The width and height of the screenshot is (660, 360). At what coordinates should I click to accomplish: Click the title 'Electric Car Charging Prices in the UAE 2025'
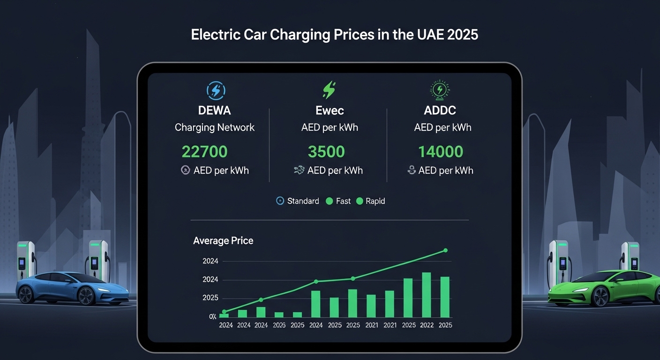[334, 35]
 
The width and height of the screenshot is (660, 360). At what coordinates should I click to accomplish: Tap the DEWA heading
[214, 111]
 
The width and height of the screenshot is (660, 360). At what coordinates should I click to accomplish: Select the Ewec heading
[330, 111]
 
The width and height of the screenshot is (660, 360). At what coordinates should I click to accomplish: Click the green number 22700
[204, 151]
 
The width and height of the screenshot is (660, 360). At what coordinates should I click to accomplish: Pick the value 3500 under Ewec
[326, 151]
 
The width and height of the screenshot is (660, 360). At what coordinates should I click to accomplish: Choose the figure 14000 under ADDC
[441, 151]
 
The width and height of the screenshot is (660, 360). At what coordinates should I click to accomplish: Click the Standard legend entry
[298, 201]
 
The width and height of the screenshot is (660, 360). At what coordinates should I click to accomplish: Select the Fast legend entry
[338, 201]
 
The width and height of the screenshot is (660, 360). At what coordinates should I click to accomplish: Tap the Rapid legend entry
[371, 201]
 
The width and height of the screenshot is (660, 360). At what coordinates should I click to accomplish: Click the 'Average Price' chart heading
[223, 241]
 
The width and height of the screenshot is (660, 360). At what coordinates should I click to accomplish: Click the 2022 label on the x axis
[427, 325]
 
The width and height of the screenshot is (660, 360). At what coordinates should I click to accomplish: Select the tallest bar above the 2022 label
[427, 295]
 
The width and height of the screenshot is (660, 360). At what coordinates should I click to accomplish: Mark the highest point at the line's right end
[445, 250]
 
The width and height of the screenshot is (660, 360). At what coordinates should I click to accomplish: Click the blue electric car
[72, 287]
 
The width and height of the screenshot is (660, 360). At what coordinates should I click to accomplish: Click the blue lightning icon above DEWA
[215, 90]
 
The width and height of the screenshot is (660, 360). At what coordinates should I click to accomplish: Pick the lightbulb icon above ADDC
[440, 90]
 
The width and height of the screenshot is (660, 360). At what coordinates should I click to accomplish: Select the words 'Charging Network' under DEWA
[215, 127]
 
